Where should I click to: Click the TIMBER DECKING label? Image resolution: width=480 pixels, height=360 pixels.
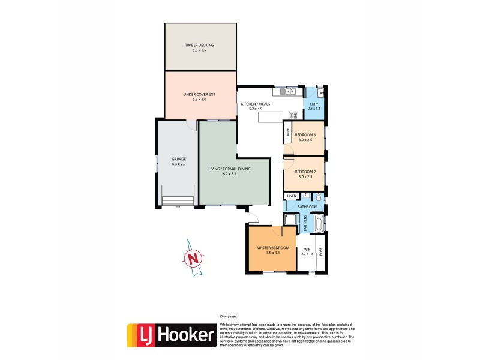(199, 45)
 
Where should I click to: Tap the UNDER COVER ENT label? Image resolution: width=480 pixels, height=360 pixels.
(199, 94)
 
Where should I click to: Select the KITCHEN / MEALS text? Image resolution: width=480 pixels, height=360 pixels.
(256, 104)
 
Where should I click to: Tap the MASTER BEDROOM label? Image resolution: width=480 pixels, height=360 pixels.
(273, 248)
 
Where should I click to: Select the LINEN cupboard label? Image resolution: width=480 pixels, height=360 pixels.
(292, 196)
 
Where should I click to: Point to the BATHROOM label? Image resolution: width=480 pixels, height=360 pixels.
(307, 207)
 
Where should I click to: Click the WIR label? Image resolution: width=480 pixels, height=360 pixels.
(307, 248)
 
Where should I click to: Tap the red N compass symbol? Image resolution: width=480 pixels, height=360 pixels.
(192, 259)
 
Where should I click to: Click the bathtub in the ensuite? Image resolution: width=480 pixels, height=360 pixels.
(319, 224)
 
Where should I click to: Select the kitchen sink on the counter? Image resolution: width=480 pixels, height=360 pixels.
(287, 92)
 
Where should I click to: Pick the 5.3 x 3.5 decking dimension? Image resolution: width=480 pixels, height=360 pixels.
(199, 50)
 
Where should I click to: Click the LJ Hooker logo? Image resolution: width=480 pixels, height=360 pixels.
(172, 335)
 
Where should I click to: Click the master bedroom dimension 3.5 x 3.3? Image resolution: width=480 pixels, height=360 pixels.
(273, 253)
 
